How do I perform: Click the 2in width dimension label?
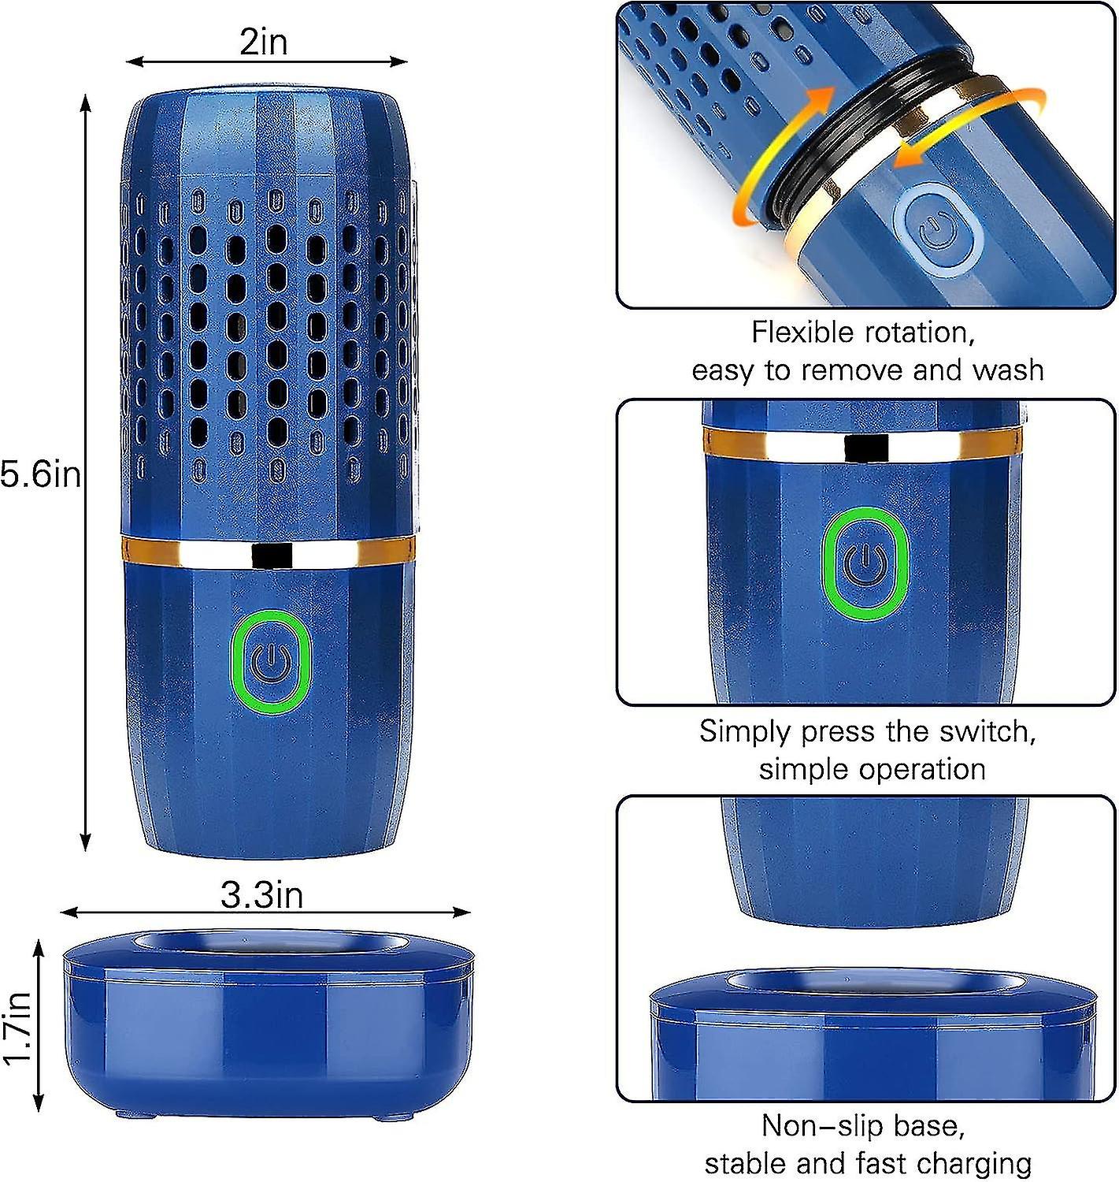[x=263, y=42]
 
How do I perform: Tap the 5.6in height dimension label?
[x=40, y=474]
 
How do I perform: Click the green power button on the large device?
[x=271, y=662]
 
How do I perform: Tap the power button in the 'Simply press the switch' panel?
[x=864, y=563]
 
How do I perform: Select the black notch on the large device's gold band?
[x=272, y=555]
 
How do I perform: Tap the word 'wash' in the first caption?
[x=1009, y=370]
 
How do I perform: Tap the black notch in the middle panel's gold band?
[x=866, y=448]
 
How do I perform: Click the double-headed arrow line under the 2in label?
[x=267, y=61]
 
